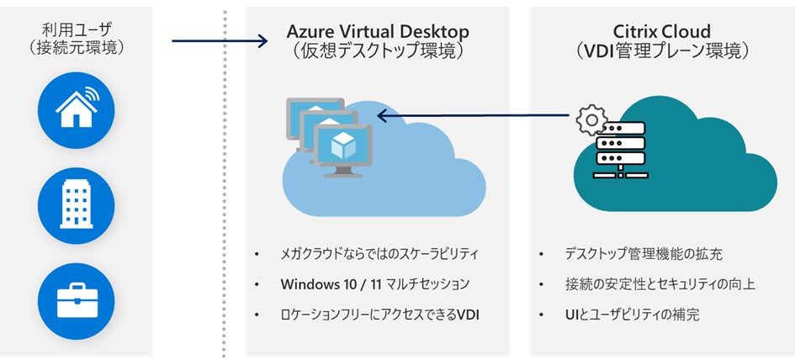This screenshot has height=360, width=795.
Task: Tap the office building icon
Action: [75, 204]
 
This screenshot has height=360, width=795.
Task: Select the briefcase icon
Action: [75, 300]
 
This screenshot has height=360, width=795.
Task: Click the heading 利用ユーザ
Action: [76, 29]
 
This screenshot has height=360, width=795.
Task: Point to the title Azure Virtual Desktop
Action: [378, 31]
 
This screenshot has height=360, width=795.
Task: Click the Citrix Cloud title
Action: [661, 31]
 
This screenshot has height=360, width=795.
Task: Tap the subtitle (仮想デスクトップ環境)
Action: [378, 50]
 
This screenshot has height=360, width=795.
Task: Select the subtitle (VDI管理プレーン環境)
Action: [661, 50]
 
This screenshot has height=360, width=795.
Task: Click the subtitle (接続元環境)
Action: [76, 48]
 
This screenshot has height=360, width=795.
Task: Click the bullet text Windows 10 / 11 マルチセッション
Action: [375, 284]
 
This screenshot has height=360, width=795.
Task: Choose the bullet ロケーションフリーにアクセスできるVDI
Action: [384, 315]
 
